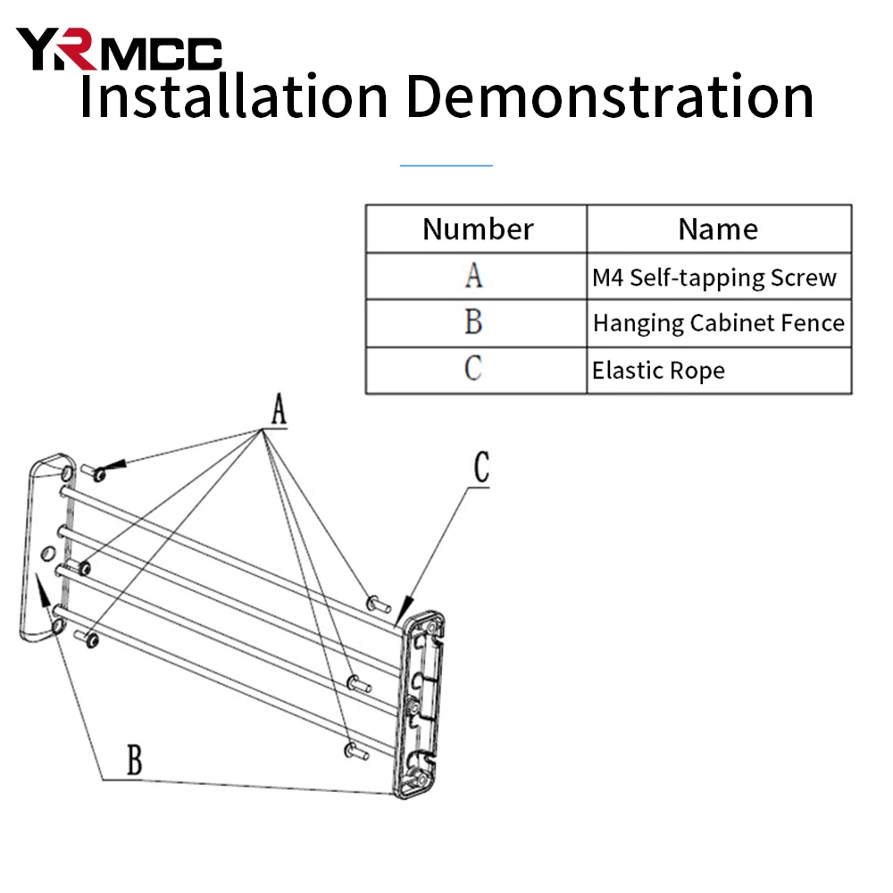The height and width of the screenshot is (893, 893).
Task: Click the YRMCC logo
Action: click(119, 49)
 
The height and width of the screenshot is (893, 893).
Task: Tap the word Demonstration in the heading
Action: click(609, 96)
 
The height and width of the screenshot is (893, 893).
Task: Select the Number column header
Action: click(477, 229)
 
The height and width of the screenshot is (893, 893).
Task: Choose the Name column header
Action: click(718, 229)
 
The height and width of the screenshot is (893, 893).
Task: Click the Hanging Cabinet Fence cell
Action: click(718, 323)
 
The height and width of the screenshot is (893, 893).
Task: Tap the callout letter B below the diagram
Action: click(135, 760)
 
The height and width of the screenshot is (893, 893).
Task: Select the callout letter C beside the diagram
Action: click(482, 467)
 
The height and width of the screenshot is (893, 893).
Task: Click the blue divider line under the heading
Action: click(446, 166)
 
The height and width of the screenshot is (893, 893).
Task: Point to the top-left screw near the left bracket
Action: click(93, 472)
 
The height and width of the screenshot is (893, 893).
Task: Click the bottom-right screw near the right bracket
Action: click(356, 752)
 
